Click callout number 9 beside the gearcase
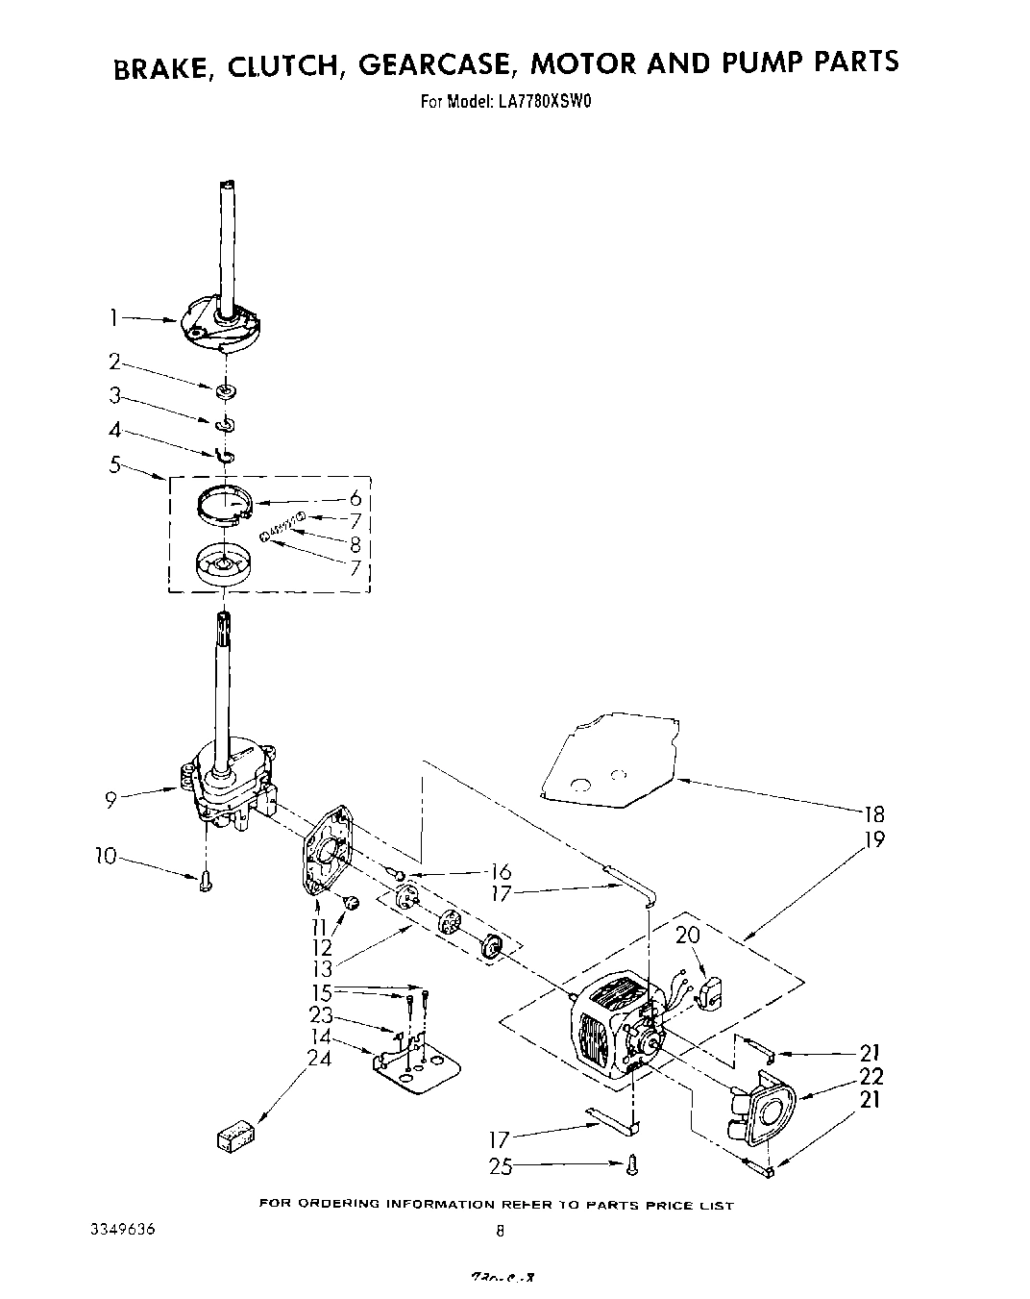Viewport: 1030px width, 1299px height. pos(112,798)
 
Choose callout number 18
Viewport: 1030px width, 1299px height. pos(872,813)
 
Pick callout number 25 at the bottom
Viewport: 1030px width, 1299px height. pos(500,1166)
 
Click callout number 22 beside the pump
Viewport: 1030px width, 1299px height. pos(871,1076)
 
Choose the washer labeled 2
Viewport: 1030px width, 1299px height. pos(227,390)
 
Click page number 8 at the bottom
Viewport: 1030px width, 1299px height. pos(501,1231)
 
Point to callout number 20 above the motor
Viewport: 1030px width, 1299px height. pos(688,933)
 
